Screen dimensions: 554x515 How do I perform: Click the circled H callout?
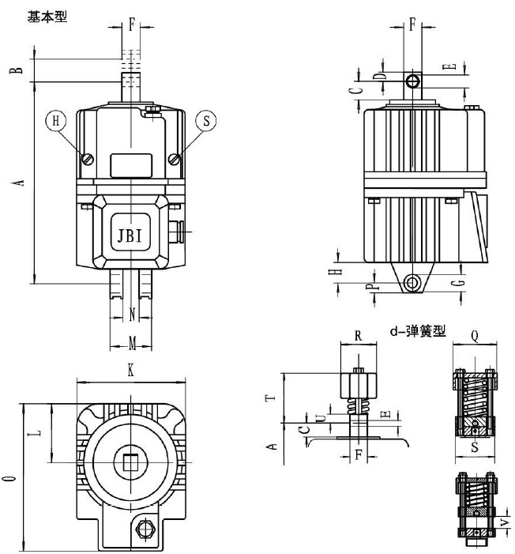tap(55, 121)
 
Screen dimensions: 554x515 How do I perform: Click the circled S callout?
tap(206, 121)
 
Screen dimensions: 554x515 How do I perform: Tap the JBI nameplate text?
tap(130, 235)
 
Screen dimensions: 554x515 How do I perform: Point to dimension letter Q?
tap(476, 335)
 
